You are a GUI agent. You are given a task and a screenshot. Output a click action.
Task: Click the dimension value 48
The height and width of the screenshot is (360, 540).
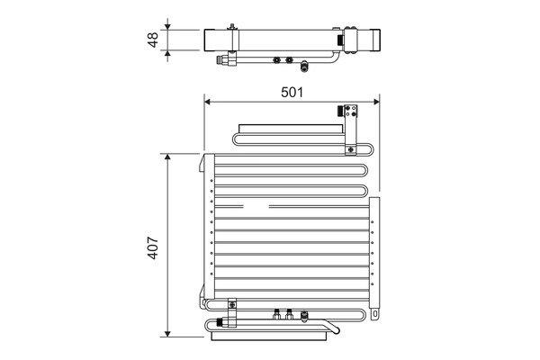tap(153, 40)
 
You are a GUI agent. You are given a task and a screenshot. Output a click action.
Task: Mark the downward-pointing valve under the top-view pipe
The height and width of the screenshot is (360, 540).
tap(305, 65)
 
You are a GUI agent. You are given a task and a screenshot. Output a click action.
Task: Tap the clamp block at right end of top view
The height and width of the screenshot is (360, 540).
tap(369, 41)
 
